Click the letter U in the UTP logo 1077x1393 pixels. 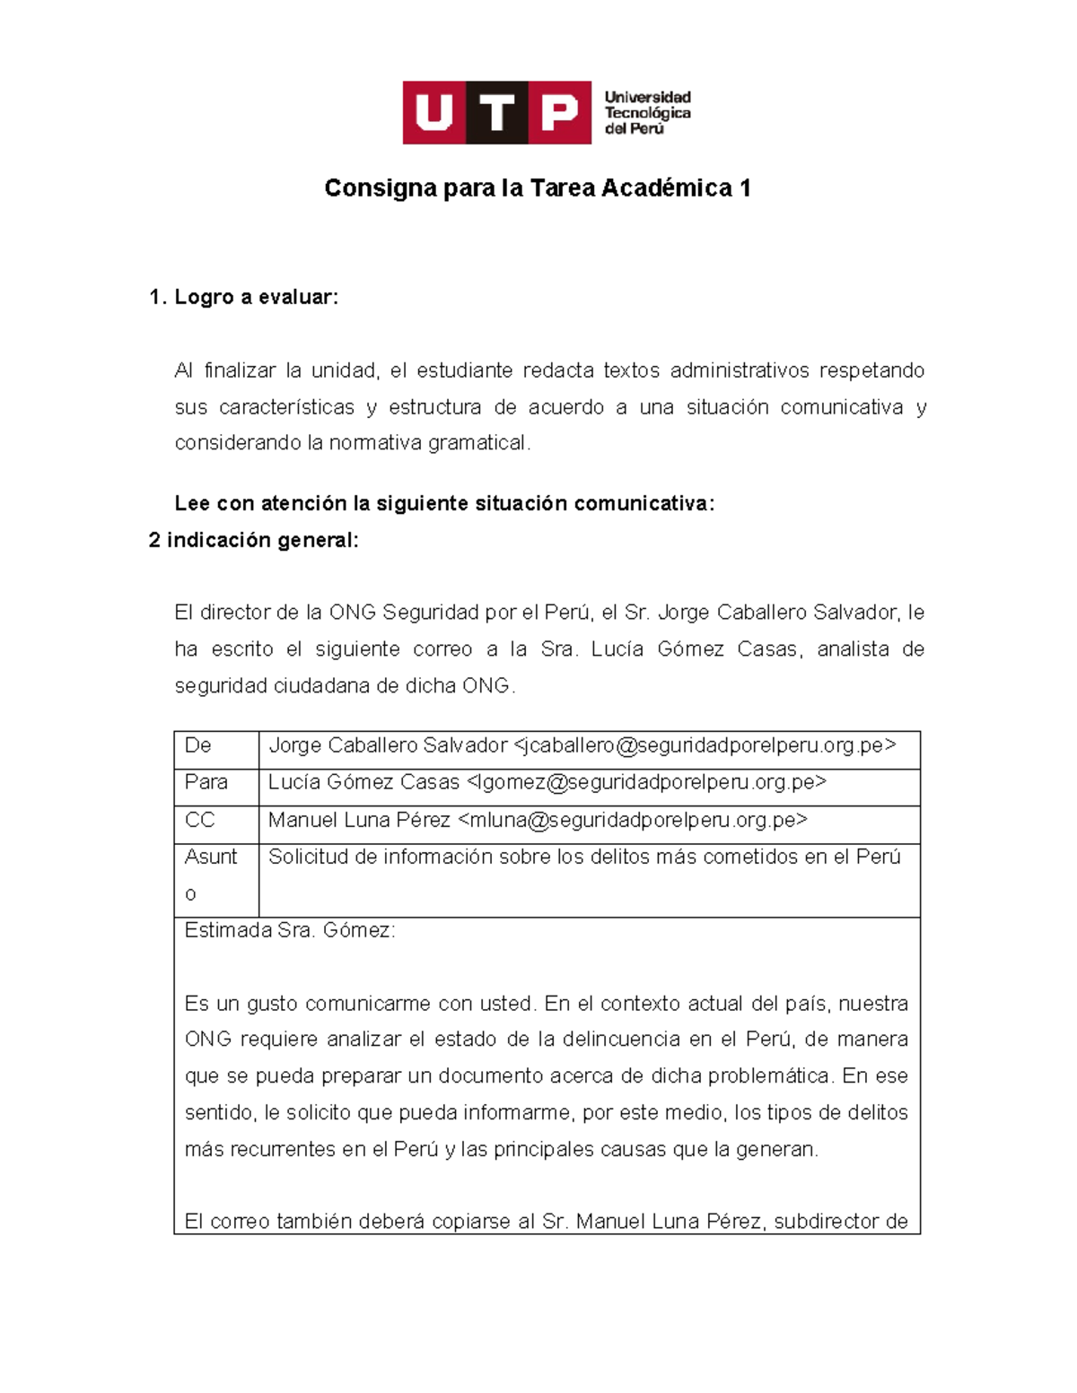coord(434,113)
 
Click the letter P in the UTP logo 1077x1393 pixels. coord(559,113)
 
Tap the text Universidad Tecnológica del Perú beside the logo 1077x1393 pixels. coord(646,113)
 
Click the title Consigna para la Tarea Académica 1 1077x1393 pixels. coord(537,188)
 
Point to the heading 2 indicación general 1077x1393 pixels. coord(253,540)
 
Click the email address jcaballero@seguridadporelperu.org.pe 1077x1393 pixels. coord(705,745)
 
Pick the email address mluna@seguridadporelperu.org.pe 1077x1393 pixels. coord(633,820)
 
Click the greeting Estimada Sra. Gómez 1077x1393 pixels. coord(289,930)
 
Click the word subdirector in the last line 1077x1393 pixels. coord(826,1222)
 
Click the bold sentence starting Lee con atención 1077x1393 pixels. coord(444,504)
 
